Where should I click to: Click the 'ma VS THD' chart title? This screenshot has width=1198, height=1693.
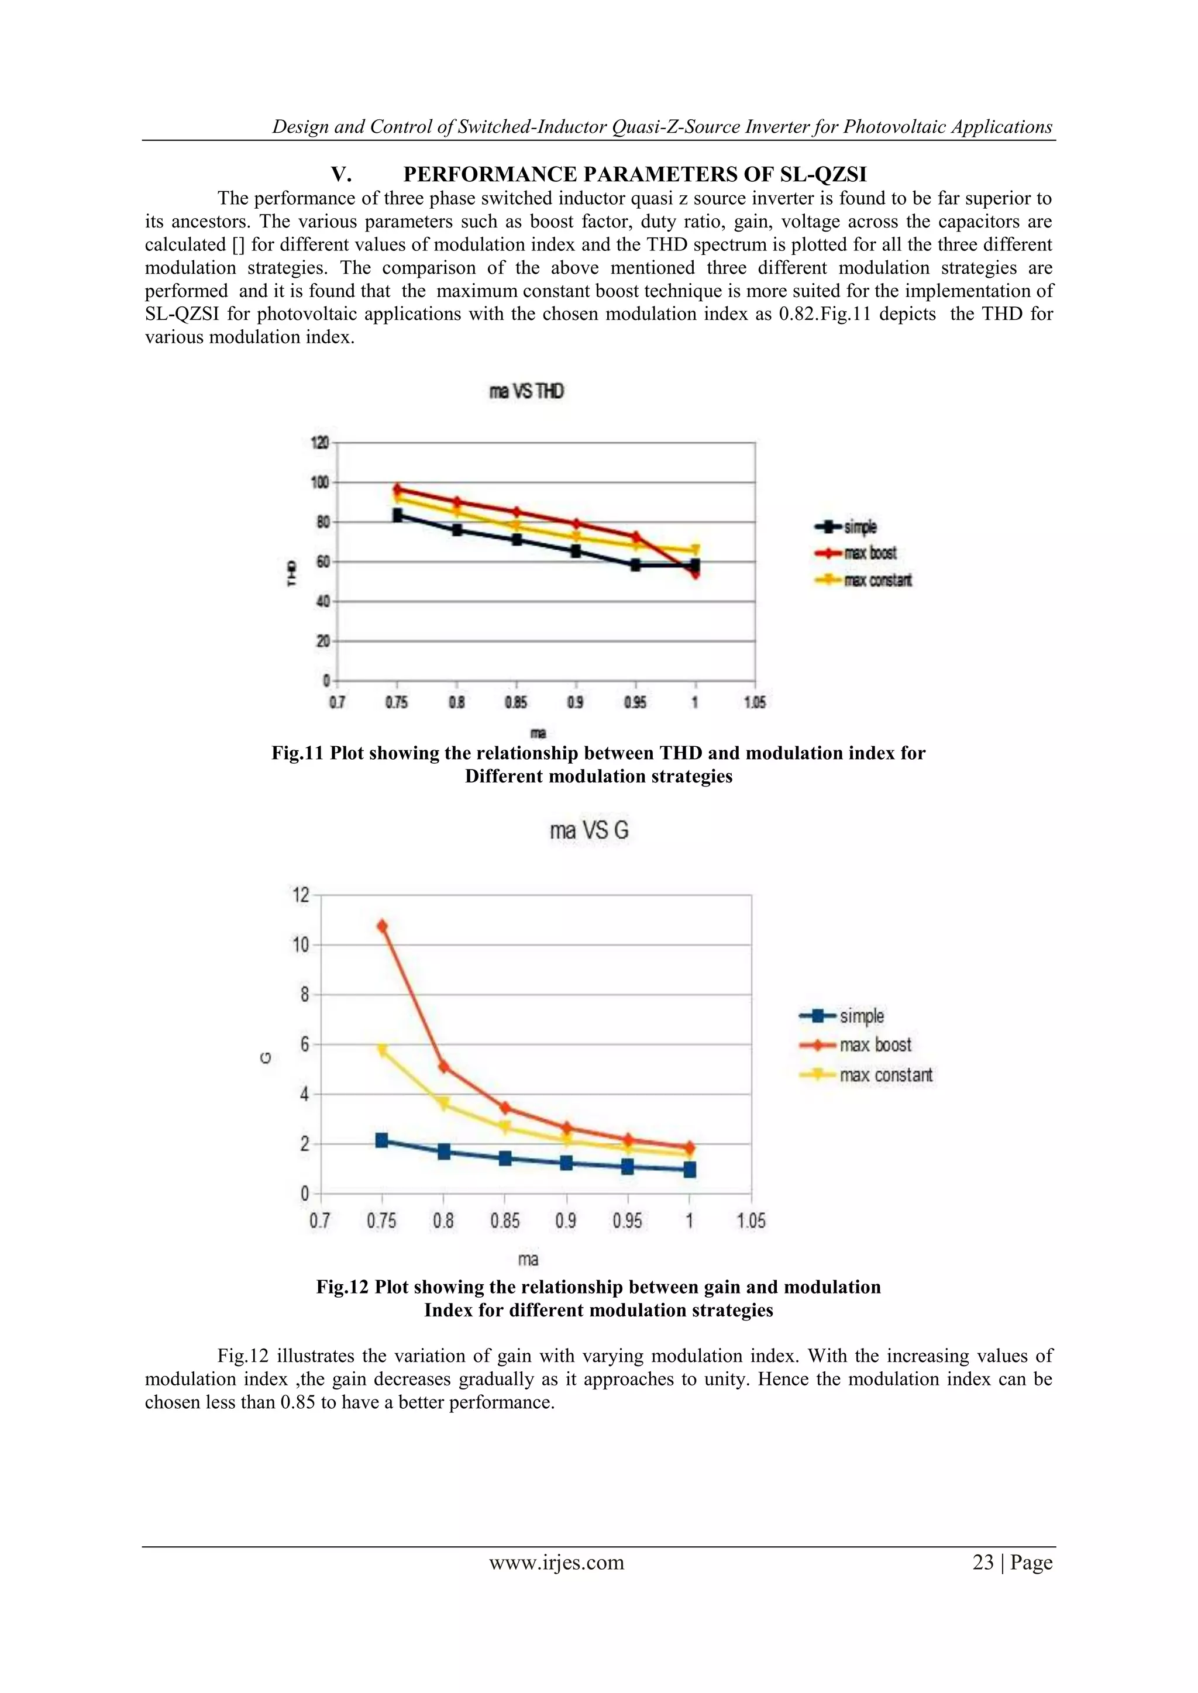(526, 392)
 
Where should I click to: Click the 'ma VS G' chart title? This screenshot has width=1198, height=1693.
(588, 831)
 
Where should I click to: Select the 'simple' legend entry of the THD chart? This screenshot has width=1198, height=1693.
(859, 527)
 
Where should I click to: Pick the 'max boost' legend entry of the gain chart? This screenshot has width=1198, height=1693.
(875, 1045)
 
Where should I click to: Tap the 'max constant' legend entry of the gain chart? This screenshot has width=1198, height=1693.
(885, 1075)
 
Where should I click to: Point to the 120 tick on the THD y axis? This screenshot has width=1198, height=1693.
(319, 443)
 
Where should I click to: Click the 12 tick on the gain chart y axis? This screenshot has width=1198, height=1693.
(301, 895)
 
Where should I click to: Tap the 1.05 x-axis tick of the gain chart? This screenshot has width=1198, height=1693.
(751, 1221)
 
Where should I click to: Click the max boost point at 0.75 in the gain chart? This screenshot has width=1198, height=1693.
(382, 926)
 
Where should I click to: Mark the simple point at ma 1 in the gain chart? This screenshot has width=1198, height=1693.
(690, 1170)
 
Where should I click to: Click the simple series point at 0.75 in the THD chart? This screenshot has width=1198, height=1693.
(398, 515)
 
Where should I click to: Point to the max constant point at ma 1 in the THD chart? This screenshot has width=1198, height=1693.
(695, 550)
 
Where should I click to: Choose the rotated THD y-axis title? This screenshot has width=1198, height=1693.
(291, 573)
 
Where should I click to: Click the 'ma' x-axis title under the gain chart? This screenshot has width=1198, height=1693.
(528, 1260)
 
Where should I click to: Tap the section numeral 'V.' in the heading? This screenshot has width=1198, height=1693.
(341, 175)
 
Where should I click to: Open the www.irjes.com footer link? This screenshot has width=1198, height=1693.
(556, 1562)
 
